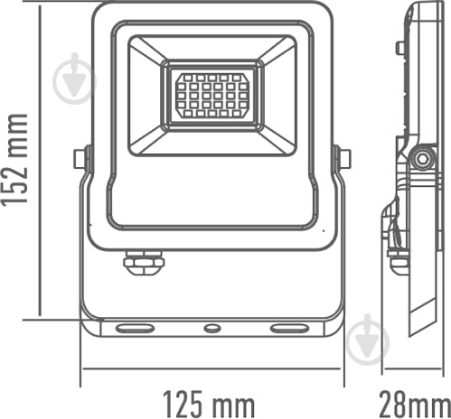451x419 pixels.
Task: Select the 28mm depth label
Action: tap(412, 399)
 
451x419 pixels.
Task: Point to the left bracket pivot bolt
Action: tap(80, 159)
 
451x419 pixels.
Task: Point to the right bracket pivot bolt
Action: tap(343, 159)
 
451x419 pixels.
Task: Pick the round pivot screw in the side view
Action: tap(418, 159)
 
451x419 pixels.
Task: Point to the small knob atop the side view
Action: tap(399, 47)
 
